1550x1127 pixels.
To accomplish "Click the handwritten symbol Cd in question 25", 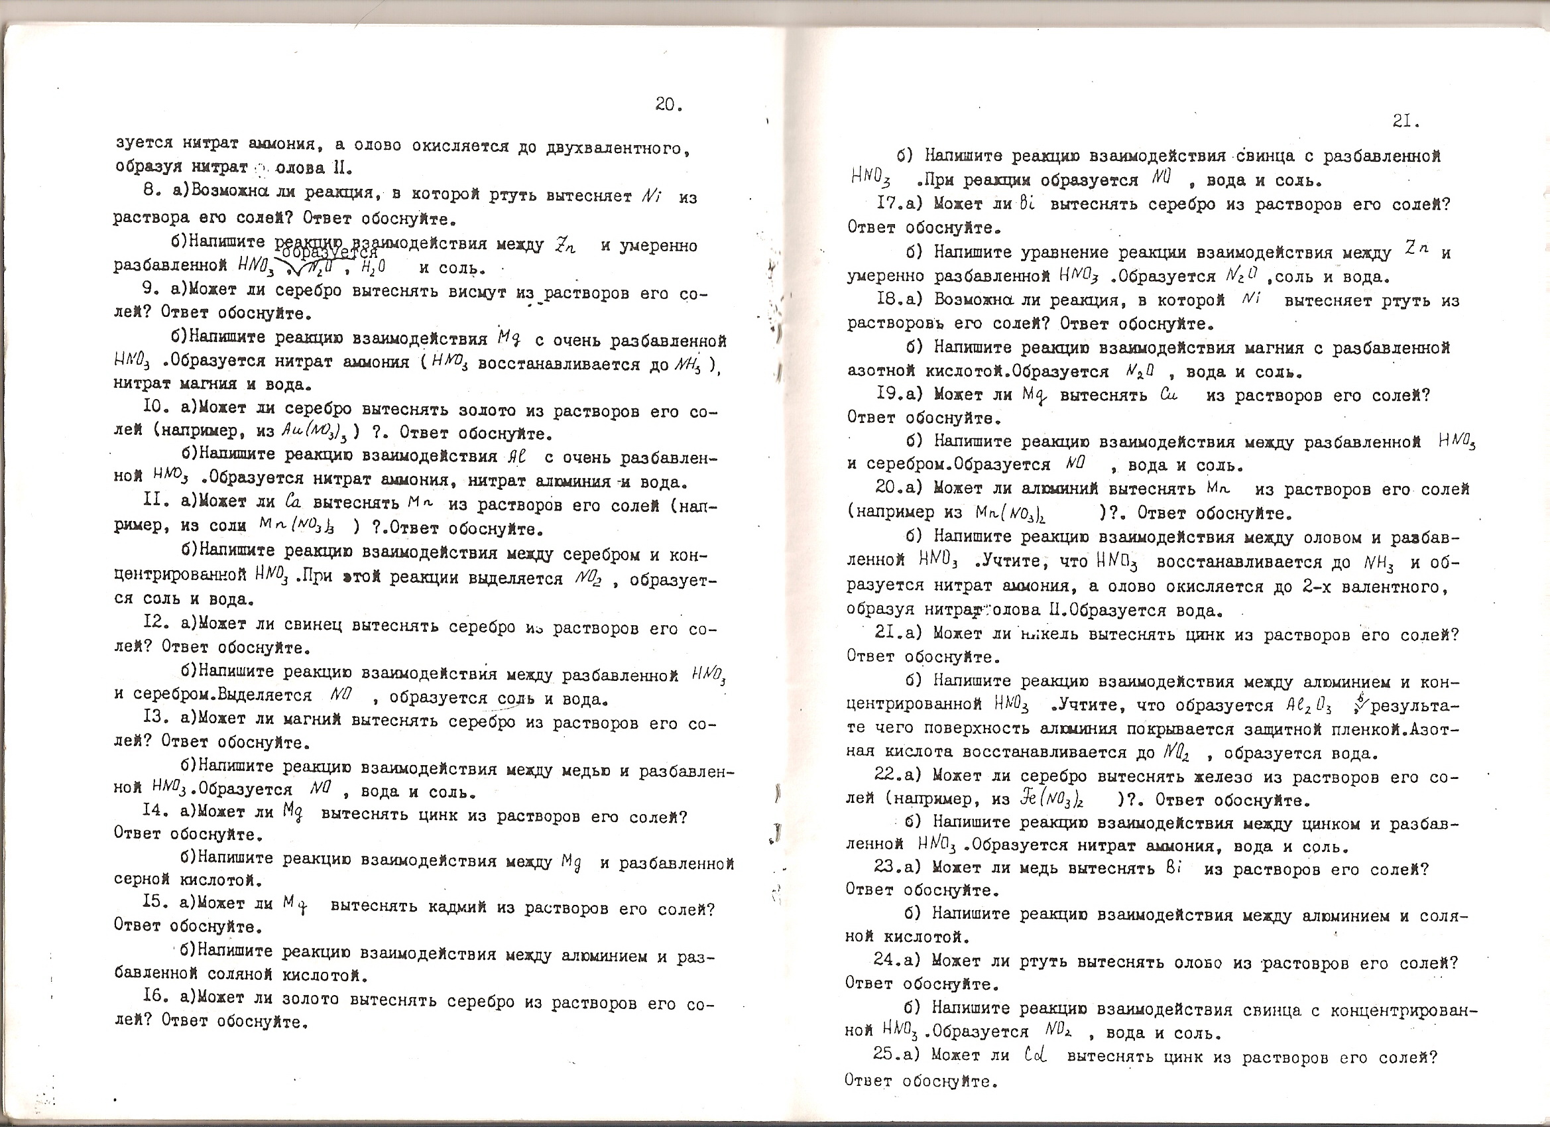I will pos(1036,1055).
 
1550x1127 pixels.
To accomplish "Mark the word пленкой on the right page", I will pos(1369,729).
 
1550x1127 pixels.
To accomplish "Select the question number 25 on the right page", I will pos(885,1053).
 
